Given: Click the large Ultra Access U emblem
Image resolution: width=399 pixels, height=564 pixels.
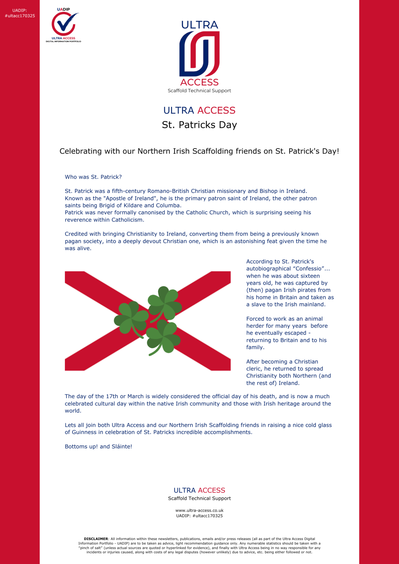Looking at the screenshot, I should pyautogui.click(x=199, y=54).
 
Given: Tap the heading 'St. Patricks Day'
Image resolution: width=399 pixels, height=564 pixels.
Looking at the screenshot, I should pyautogui.click(x=199, y=125).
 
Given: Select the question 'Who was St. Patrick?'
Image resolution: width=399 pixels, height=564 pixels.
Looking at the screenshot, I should pyautogui.click(x=93, y=177).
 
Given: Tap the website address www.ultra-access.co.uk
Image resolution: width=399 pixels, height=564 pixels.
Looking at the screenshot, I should pyautogui.click(x=199, y=510).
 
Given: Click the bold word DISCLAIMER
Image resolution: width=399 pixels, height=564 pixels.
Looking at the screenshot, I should pyautogui.click(x=96, y=539).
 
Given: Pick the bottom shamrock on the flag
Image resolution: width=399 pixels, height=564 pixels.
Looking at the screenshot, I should pyautogui.click(x=163, y=337).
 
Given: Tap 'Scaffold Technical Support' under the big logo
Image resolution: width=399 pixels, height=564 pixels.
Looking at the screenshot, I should pyautogui.click(x=199, y=90).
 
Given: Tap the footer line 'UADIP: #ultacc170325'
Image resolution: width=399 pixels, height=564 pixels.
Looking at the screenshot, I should pyautogui.click(x=199, y=516).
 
